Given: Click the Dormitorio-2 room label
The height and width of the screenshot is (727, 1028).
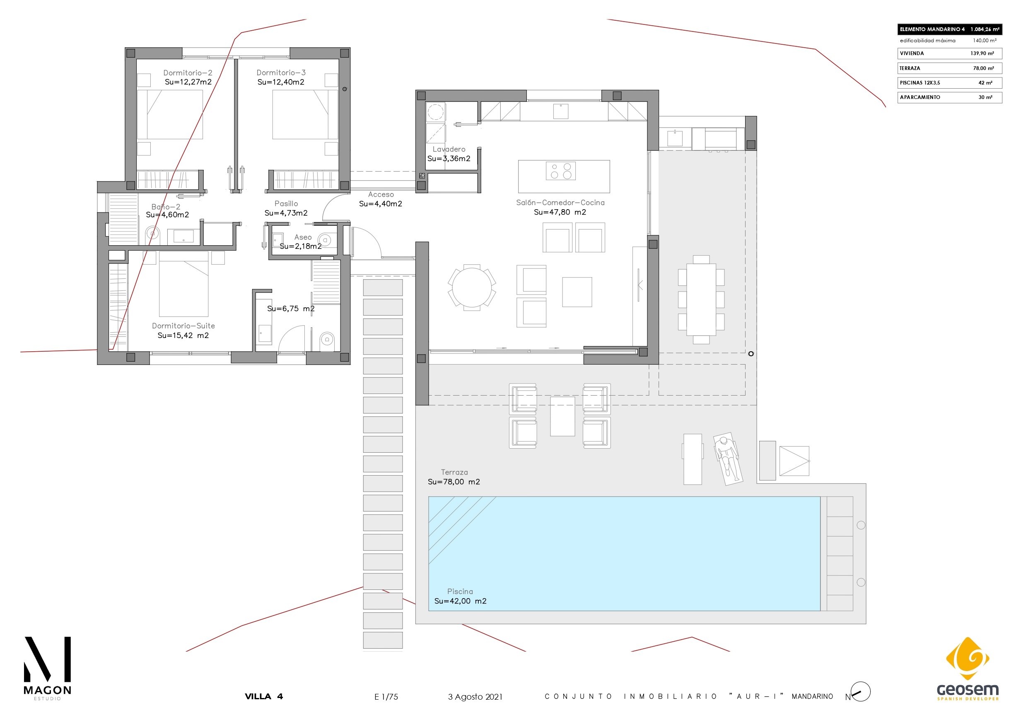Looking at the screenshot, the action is pyautogui.click(x=188, y=72).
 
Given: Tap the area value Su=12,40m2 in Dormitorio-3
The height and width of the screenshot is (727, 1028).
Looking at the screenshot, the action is pyautogui.click(x=281, y=82).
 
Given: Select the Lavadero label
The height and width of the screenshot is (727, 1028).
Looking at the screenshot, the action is pyautogui.click(x=449, y=149).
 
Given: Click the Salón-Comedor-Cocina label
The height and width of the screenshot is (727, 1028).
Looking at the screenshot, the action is pyautogui.click(x=560, y=203).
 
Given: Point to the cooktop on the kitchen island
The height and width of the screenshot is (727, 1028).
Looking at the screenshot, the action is pyautogui.click(x=560, y=171).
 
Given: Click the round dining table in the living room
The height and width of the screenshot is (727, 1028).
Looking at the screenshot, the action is pyautogui.click(x=472, y=287).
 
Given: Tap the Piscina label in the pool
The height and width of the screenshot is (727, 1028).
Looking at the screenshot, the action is pyautogui.click(x=460, y=591).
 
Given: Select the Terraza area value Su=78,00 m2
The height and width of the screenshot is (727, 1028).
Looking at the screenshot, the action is pyautogui.click(x=454, y=481).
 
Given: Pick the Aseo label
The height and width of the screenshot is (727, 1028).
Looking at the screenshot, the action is pyautogui.click(x=303, y=237).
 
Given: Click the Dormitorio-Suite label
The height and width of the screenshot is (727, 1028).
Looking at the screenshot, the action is pyautogui.click(x=183, y=326).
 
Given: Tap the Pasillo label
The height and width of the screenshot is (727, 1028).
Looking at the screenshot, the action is pyautogui.click(x=286, y=203).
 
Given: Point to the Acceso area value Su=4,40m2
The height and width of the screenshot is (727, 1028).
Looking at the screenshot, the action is pyautogui.click(x=381, y=204).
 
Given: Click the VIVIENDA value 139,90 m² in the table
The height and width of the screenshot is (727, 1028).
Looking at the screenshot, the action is pyautogui.click(x=982, y=53).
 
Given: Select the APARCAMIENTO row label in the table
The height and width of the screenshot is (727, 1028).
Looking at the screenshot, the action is pyautogui.click(x=919, y=97).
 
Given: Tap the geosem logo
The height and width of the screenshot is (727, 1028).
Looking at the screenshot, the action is pyautogui.click(x=968, y=669).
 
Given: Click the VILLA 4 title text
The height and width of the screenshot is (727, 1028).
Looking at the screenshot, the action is pyautogui.click(x=264, y=696).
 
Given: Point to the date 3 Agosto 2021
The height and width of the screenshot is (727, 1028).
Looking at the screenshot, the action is pyautogui.click(x=475, y=696).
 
